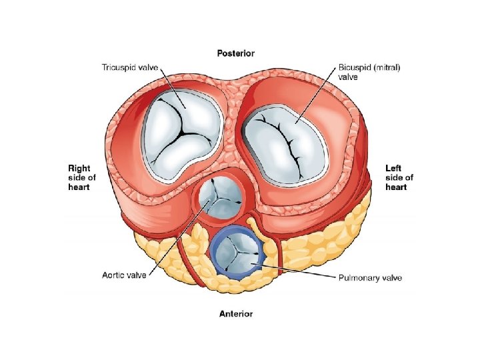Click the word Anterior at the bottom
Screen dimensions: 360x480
(x=236, y=313)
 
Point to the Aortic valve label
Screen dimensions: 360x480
(x=125, y=275)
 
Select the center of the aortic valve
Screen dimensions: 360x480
(x=219, y=199)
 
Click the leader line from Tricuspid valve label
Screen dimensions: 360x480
(x=165, y=87)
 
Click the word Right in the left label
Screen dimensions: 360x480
(x=80, y=169)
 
